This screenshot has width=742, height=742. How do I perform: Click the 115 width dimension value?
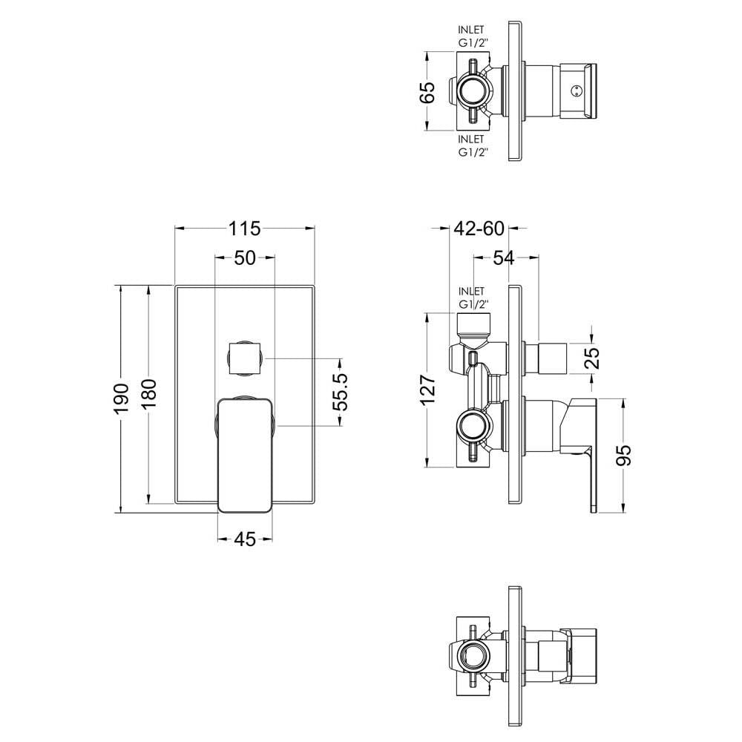pyautogui.click(x=245, y=229)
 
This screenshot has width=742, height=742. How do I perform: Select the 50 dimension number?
pyautogui.click(x=245, y=258)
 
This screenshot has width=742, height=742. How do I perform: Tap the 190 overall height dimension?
pyautogui.click(x=122, y=398)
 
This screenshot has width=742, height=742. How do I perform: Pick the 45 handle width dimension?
pyautogui.click(x=245, y=539)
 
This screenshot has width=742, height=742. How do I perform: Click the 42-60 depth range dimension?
pyautogui.click(x=479, y=229)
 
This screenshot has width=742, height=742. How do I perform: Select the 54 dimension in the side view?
pyautogui.click(x=505, y=258)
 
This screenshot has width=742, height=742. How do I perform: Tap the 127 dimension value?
pyautogui.click(x=428, y=390)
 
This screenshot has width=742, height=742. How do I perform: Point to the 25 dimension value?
pyautogui.click(x=593, y=358)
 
